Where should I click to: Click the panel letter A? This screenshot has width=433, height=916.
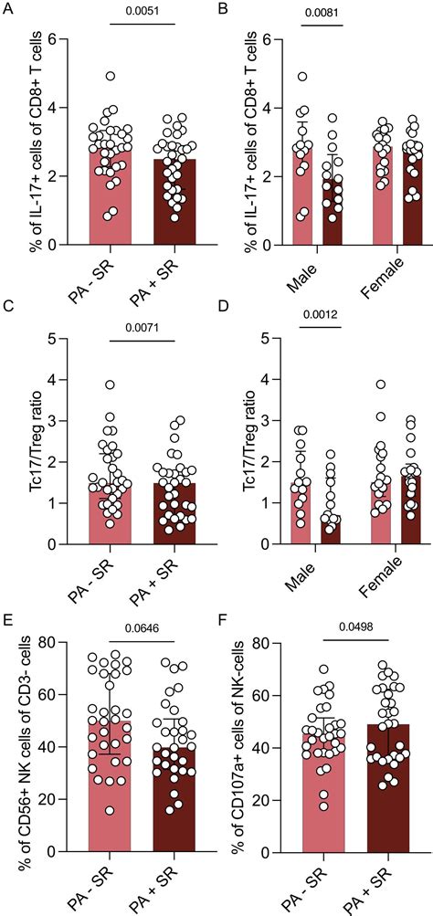pyautogui.click(x=6, y=11)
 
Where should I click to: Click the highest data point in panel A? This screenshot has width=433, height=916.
pyautogui.click(x=110, y=77)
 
